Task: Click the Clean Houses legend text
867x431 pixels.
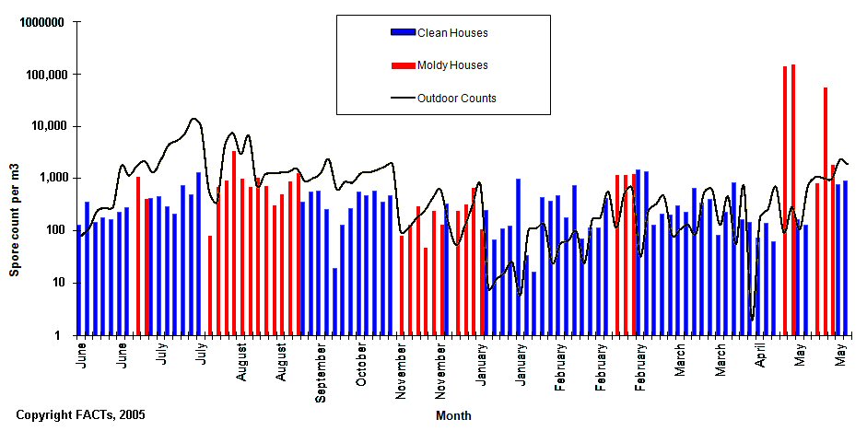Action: (452, 33)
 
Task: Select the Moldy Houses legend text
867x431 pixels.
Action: (452, 65)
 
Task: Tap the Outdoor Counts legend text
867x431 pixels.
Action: (457, 98)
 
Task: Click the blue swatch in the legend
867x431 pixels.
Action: (403, 33)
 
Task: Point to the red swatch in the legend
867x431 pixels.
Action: (403, 65)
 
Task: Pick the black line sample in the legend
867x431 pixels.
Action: (403, 98)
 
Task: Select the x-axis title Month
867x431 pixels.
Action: (453, 415)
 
